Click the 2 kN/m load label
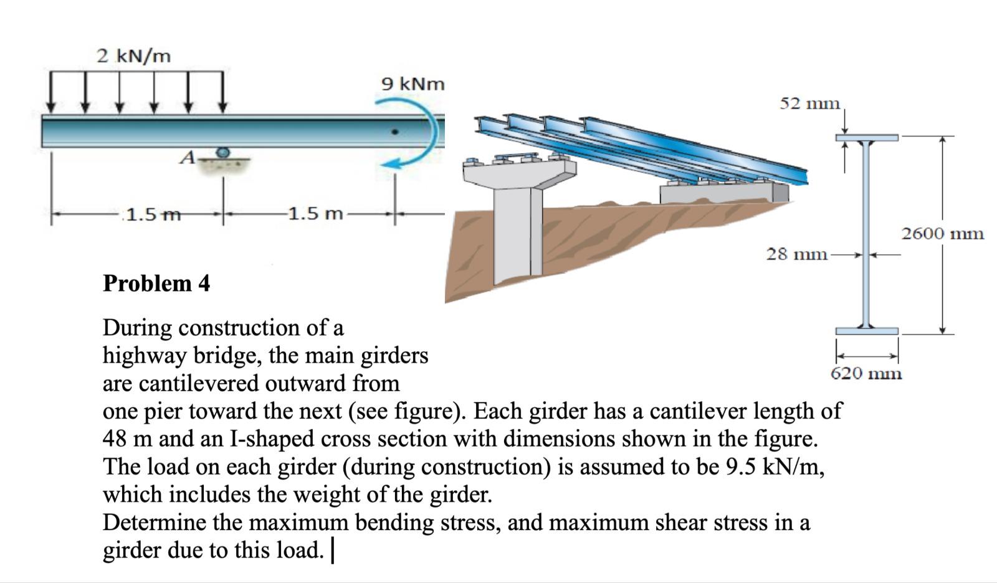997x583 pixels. click(133, 56)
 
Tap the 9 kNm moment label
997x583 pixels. click(413, 84)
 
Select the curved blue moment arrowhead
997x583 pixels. click(391, 164)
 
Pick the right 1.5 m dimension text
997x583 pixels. click(316, 214)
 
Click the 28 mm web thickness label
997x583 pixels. click(796, 254)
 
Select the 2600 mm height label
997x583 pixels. click(942, 234)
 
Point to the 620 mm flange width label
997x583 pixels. click(866, 373)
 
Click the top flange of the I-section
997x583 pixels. click(867, 137)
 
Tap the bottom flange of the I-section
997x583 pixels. click(867, 330)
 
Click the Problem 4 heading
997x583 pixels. click(156, 283)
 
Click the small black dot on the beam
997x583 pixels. click(394, 132)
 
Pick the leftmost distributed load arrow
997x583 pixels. click(52, 92)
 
